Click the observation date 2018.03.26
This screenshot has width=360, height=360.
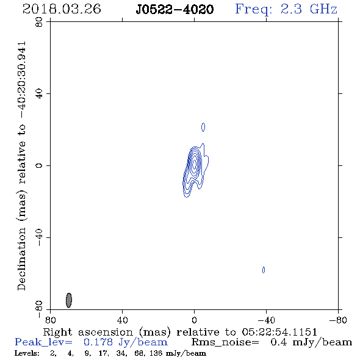coord(62,9)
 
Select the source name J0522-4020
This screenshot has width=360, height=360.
coord(175,9)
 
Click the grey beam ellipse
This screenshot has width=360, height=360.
coord(69,300)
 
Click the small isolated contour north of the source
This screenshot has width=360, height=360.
coord(203,127)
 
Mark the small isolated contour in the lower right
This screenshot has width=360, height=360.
coord(264,270)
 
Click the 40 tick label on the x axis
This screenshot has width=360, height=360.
coord(122,320)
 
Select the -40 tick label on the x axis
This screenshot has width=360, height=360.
coord(266,320)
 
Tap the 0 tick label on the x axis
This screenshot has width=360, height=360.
coord(194,320)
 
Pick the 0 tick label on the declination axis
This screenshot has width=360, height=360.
coord(39,165)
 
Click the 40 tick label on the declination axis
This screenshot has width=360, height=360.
coord(39,94)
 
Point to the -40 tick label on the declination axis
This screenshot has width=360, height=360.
coord(39,237)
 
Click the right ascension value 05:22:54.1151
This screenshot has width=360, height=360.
coord(279,332)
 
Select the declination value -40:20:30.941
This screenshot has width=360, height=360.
coord(22,80)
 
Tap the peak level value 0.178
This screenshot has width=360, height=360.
coord(98,342)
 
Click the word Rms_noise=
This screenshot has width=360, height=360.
coord(225,342)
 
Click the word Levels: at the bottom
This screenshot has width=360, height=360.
coord(27,353)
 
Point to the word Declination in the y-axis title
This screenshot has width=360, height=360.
coord(22,259)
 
